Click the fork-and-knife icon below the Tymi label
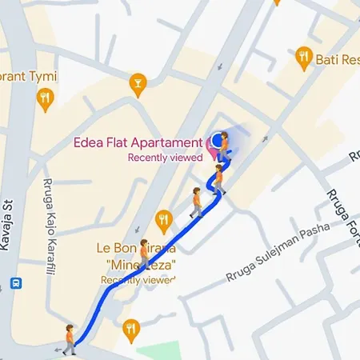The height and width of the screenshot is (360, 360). tap(45, 98)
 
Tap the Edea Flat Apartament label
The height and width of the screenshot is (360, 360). tap(138, 144)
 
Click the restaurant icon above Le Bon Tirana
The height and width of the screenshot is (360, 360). tap(164, 218)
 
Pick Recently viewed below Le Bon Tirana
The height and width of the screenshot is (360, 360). tap(138, 281)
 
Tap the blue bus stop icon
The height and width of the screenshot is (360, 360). tap(15, 284)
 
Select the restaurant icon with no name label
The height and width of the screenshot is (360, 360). tap(132, 326)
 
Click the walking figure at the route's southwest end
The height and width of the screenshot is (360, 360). tap(70, 339)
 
